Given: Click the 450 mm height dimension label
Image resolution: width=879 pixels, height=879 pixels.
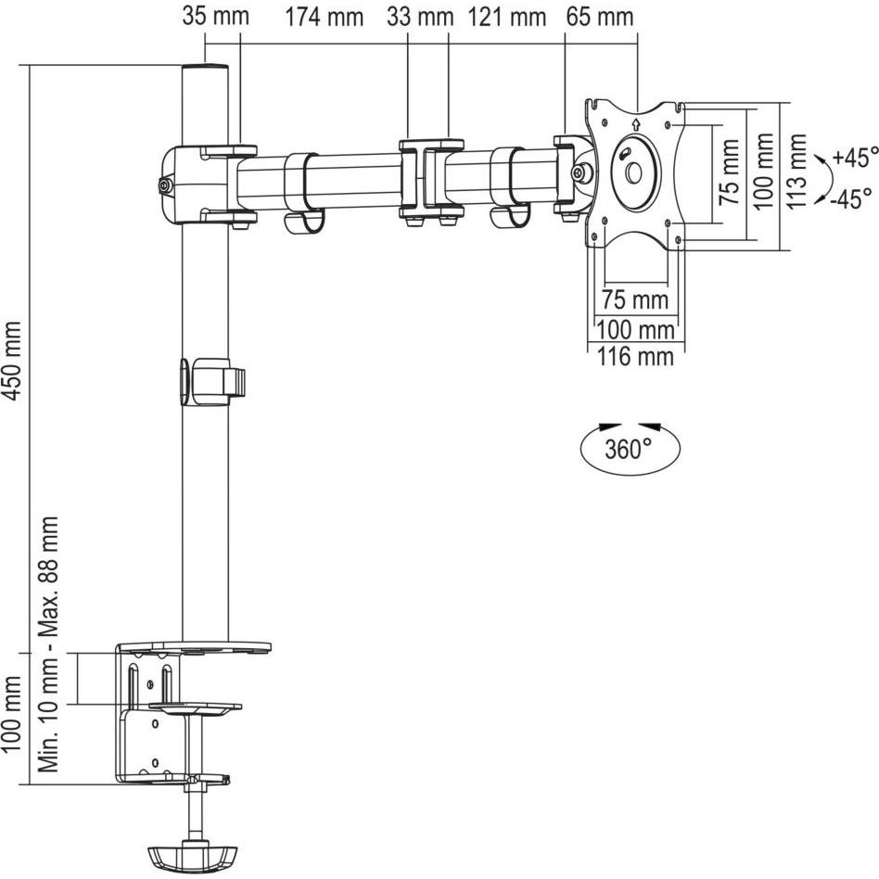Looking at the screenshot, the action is tap(12, 361).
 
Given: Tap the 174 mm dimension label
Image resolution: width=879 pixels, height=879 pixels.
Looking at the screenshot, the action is tap(325, 17).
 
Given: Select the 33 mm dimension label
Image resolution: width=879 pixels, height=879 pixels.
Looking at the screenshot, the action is tap(420, 17).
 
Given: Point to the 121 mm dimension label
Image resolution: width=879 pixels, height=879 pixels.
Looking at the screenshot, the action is tap(507, 17).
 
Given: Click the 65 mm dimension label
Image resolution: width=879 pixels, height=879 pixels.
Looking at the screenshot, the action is tap(600, 17).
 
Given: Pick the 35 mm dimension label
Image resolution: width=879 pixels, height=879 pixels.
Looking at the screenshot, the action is tap(215, 16).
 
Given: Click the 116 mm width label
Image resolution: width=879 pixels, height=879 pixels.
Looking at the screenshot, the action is tap(635, 357).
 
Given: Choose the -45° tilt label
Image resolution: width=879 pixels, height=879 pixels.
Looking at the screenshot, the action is tap(851, 197).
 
